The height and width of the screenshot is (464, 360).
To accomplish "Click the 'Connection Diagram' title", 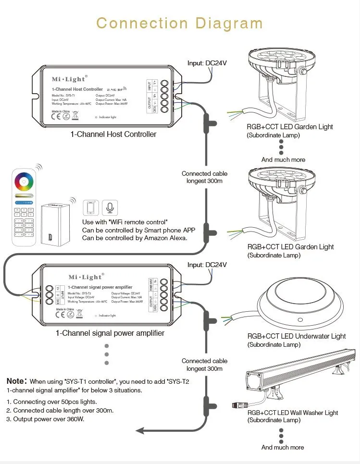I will click(179, 23).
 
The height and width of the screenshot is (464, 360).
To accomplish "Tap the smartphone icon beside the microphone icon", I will click(91, 208).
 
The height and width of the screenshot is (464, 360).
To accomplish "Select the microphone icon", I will click(110, 208).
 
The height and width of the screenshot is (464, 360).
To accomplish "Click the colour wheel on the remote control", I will click(24, 183).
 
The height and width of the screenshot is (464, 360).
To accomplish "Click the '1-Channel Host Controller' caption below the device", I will click(113, 134).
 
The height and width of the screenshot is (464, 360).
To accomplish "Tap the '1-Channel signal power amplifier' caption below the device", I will click(110, 333).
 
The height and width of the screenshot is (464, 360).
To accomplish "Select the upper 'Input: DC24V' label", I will click(207, 63).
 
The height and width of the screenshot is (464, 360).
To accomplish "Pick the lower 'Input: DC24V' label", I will click(207, 265).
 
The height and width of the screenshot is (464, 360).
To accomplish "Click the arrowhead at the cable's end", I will click(140, 430).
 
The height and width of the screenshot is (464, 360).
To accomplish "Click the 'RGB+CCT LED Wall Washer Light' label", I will click(293, 413).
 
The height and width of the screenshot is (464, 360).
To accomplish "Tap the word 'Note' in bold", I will click(15, 381).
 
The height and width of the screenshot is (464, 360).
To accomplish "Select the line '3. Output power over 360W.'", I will click(46, 419).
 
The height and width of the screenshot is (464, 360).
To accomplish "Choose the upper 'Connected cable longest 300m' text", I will click(204, 177).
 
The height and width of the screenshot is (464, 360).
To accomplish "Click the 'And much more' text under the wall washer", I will click(283, 447).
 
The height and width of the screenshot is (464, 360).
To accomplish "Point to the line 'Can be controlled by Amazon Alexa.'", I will click(135, 238).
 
